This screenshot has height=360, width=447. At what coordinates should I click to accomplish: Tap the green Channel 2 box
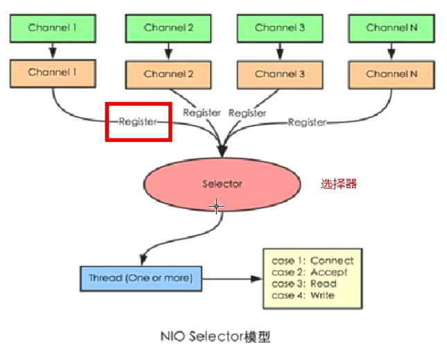(168, 28)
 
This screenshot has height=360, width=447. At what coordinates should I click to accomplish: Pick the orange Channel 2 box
(168, 74)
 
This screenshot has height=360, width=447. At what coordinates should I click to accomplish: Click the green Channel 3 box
(279, 28)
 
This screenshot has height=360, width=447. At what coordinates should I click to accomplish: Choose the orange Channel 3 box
(279, 74)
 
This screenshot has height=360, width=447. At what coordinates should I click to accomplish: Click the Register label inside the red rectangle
(138, 121)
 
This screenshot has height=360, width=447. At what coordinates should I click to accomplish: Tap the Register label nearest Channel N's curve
(307, 122)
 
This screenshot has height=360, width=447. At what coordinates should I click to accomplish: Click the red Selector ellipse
(222, 184)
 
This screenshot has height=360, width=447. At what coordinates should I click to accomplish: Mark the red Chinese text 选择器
(339, 184)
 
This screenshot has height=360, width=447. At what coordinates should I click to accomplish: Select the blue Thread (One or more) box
(141, 278)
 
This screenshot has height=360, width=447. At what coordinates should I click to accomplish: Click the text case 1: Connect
(313, 261)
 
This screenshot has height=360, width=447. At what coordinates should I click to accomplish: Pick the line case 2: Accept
(309, 272)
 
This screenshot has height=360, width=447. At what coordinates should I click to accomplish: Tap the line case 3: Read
(304, 284)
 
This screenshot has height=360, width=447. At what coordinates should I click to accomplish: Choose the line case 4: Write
(303, 296)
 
